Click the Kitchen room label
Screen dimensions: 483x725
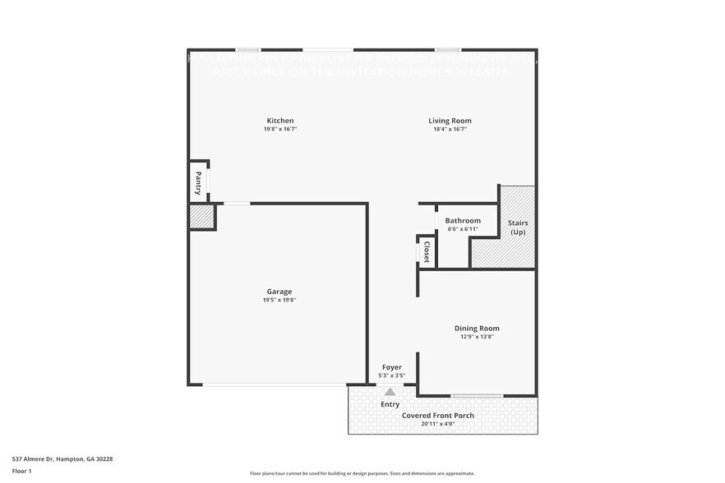[279, 121]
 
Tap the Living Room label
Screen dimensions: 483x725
[450, 121]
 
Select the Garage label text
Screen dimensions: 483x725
[279, 292]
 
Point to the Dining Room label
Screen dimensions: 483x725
[477, 329]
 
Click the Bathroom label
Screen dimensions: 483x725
[463, 220]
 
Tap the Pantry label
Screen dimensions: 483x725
[198, 182]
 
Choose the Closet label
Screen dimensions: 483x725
[427, 252]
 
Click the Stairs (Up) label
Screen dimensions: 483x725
[518, 228]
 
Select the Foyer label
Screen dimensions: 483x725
[391, 367]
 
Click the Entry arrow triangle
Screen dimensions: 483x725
[390, 392]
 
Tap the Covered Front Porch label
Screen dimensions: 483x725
[437, 416]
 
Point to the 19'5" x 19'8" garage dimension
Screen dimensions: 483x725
[279, 301]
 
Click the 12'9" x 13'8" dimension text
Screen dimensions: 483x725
[477, 338]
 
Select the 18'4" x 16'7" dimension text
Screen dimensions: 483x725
[450, 130]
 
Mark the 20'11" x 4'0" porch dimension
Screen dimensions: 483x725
[437, 425]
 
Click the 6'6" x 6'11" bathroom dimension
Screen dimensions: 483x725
[463, 229]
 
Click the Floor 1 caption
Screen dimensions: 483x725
[21, 471]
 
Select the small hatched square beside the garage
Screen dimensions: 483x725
[201, 217]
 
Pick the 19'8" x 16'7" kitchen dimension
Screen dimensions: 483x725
[279, 130]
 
